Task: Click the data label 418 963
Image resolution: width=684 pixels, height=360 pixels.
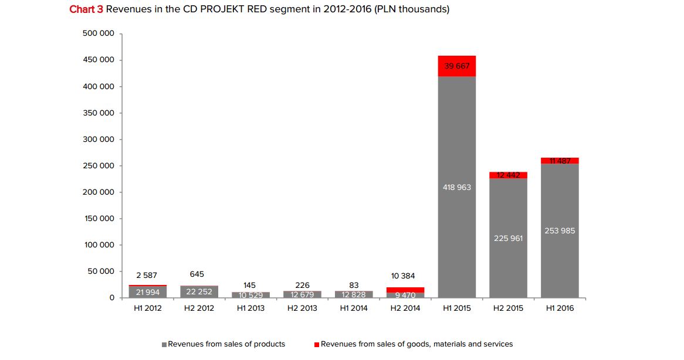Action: click(456, 188)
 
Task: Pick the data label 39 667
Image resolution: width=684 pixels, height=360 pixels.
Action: click(456, 66)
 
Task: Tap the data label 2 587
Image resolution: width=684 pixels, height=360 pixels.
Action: click(147, 275)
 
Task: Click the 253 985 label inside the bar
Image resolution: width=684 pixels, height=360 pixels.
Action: click(560, 231)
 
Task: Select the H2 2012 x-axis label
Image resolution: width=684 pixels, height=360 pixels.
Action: click(199, 308)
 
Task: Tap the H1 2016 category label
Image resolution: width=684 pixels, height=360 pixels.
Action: click(560, 308)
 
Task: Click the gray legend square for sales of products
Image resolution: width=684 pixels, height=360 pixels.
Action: click(164, 345)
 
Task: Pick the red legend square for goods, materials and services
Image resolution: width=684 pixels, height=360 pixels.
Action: click(317, 345)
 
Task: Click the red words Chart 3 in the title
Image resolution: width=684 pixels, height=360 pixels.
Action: click(87, 9)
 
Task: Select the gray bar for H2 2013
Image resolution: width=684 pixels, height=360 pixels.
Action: click(302, 294)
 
